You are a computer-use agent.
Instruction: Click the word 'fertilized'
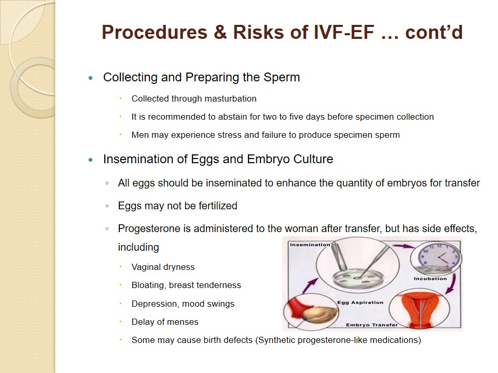[218, 206]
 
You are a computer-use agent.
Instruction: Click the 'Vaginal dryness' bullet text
[163, 267]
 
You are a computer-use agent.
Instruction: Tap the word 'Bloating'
[149, 285]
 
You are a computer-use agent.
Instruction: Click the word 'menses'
[183, 322]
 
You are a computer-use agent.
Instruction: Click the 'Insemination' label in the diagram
[310, 245]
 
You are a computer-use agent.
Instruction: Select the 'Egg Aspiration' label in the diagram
[360, 303]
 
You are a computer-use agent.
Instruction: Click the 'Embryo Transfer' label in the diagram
[371, 325]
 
